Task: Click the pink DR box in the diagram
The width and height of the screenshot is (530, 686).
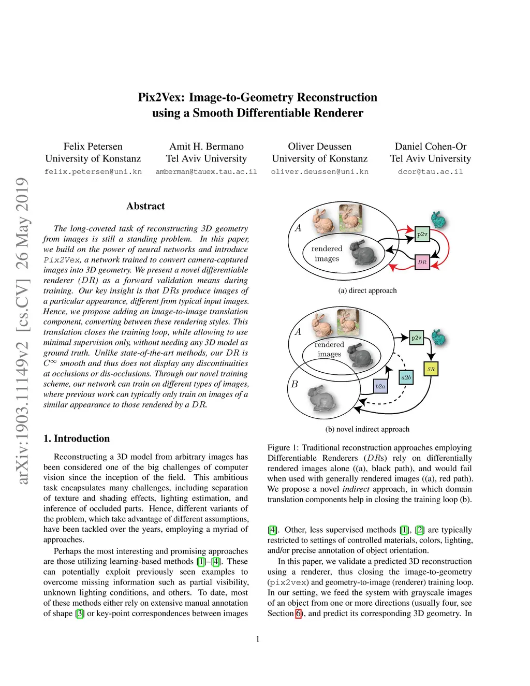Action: pos(422,262)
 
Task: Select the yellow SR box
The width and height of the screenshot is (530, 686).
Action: pos(431,369)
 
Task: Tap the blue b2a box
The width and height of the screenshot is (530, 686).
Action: pos(380,386)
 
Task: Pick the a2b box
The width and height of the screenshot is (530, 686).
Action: pos(406,377)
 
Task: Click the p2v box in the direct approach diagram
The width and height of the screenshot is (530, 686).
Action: pos(422,234)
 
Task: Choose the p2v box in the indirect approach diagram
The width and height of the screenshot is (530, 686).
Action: pos(416,338)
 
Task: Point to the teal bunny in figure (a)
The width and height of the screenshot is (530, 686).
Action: pos(438,220)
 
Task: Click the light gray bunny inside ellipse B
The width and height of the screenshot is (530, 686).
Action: pos(322,399)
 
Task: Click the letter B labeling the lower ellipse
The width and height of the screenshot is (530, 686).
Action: pos(295,384)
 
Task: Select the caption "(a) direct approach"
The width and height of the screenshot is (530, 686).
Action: pos(367,290)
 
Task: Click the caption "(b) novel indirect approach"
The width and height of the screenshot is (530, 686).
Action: pos(367,429)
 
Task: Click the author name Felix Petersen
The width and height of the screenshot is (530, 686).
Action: pos(93,147)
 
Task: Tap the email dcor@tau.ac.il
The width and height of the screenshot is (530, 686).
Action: pos(431,171)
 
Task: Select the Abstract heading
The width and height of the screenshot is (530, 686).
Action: pos(145,206)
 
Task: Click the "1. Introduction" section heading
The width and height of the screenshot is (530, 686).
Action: pos(77,439)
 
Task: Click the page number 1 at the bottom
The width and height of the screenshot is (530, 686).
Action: pos(258,639)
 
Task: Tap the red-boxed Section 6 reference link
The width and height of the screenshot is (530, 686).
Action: pos(298,614)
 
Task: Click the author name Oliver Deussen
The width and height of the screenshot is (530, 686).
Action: pos(319,147)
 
